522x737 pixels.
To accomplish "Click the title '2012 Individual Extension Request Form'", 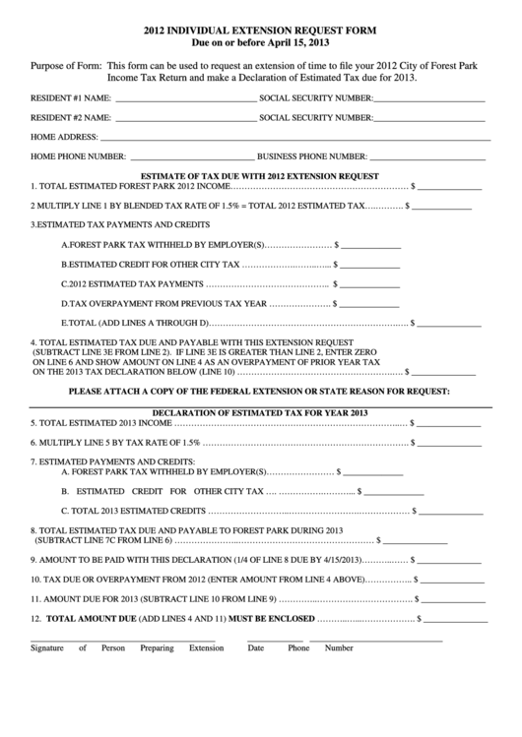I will click(x=260, y=31).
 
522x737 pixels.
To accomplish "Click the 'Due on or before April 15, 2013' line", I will click(x=260, y=45).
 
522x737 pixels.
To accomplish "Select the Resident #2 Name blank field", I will click(x=183, y=120).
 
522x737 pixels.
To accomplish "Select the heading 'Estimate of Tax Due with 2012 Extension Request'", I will click(x=260, y=175).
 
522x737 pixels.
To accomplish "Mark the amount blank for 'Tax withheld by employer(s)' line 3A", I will click(x=370, y=246).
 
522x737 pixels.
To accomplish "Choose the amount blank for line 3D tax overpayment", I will click(x=370, y=305).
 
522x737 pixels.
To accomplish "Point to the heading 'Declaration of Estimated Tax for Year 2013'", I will click(x=260, y=411).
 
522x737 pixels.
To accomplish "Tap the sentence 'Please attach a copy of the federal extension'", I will click(x=260, y=392).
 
